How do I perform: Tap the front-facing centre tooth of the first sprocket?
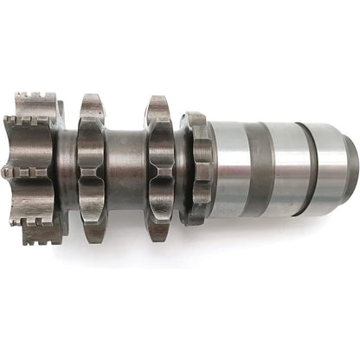[90, 170]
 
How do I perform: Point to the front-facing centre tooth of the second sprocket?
[159, 170]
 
